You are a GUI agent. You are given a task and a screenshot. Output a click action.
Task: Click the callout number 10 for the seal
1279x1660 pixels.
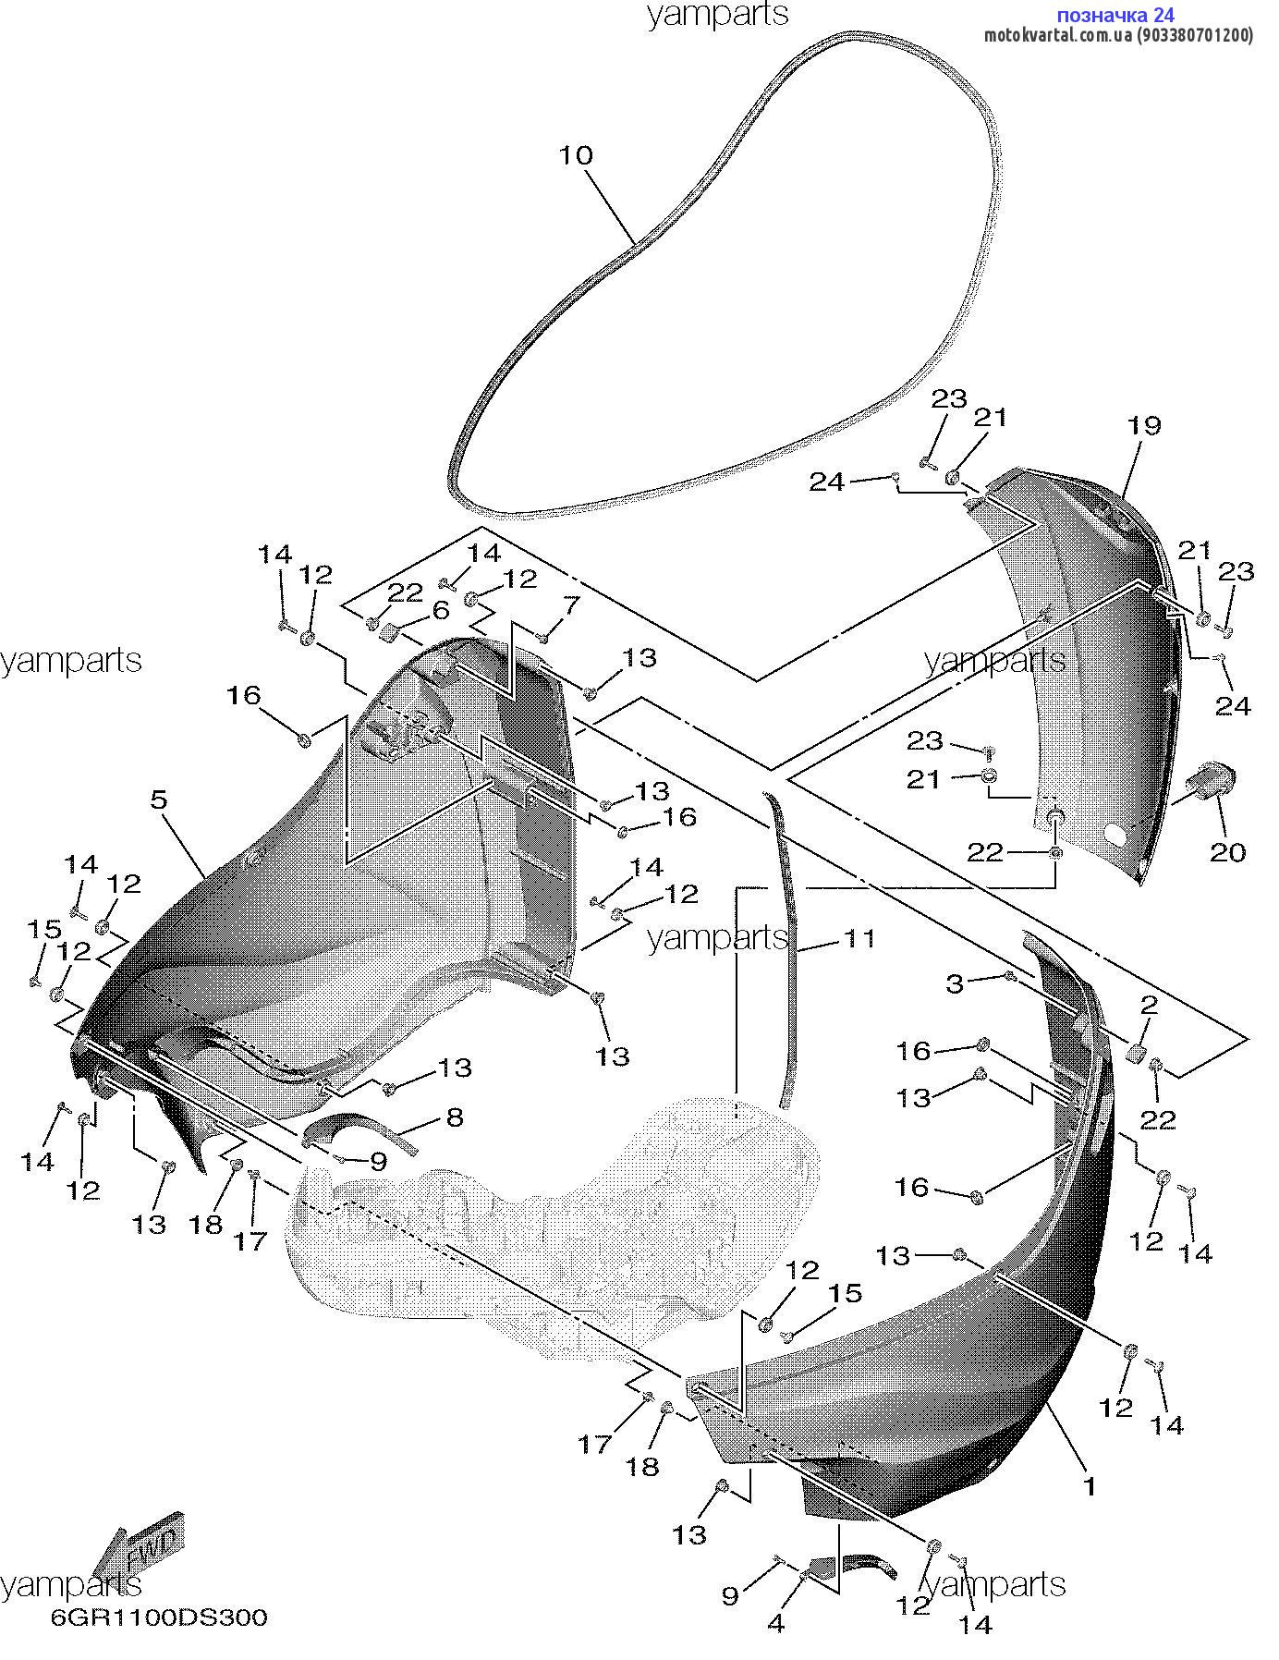[x=576, y=155]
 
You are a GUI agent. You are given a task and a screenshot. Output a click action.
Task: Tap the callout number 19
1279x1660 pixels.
[x=1143, y=426]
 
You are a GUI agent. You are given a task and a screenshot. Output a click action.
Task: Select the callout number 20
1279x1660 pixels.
[x=1228, y=851]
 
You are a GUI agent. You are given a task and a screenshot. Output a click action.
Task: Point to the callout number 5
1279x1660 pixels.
[x=159, y=799]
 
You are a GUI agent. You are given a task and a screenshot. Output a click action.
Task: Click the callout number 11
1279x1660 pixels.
[x=859, y=938]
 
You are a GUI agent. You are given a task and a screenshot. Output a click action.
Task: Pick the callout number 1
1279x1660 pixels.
[x=1090, y=1486]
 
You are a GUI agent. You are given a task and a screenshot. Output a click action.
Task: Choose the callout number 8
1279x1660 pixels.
[x=454, y=1117]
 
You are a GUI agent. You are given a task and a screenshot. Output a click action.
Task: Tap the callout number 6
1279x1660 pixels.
[x=440, y=610]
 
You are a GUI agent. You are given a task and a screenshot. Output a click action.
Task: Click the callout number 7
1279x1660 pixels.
[x=572, y=606]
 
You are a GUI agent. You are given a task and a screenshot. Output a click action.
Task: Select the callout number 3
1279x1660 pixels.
[x=955, y=983]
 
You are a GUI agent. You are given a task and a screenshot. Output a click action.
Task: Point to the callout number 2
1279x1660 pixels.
[x=1149, y=1005]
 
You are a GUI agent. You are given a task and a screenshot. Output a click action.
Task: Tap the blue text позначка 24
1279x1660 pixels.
[x=1115, y=15]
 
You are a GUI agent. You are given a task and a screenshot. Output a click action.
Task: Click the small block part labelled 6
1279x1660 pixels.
[x=392, y=633]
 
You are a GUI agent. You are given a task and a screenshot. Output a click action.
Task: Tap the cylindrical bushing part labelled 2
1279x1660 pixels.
[x=1137, y=1055]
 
